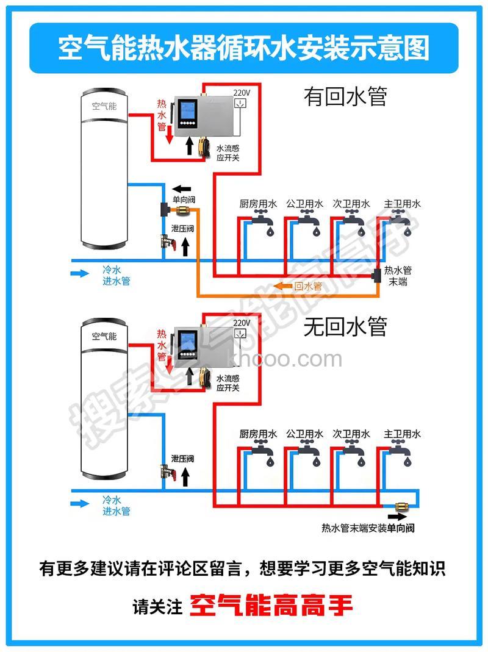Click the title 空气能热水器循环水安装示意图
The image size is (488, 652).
(243, 48)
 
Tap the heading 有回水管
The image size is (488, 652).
(345, 96)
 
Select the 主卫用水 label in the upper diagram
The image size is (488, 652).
(402, 204)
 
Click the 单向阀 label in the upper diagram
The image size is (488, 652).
(184, 199)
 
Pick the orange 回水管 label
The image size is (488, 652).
(307, 285)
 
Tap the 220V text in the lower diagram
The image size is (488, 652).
(242, 322)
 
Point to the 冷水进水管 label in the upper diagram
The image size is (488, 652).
(116, 275)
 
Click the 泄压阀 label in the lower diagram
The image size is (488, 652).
(182, 459)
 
